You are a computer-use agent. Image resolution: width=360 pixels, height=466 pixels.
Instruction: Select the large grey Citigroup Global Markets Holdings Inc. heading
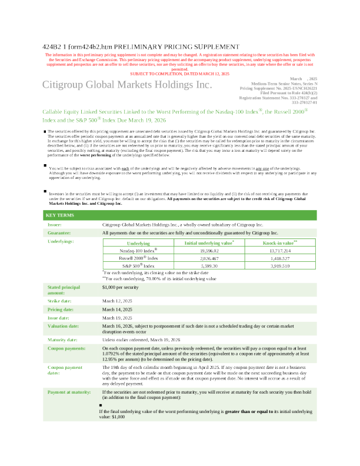coord(126,85)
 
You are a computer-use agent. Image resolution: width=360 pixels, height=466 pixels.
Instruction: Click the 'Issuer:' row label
coord(54,225)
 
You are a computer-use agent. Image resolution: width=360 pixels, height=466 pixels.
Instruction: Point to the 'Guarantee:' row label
coord(58,233)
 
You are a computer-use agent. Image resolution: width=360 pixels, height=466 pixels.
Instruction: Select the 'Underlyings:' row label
coord(61,241)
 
